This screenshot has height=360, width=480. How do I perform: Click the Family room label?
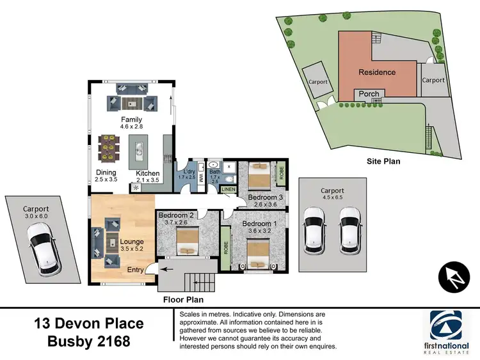tap(132, 120)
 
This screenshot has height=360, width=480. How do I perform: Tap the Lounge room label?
tap(132, 242)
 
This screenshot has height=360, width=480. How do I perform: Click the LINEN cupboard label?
tap(228, 189)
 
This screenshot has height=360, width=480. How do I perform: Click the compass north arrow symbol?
tap(453, 276)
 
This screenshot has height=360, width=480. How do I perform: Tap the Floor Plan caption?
tap(183, 299)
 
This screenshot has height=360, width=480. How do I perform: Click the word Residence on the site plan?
tap(377, 72)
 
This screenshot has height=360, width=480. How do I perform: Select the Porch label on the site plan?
tap(369, 94)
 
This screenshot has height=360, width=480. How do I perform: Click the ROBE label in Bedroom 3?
tap(280, 173)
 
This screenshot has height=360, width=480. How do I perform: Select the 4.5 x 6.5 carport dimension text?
tap(333, 198)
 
